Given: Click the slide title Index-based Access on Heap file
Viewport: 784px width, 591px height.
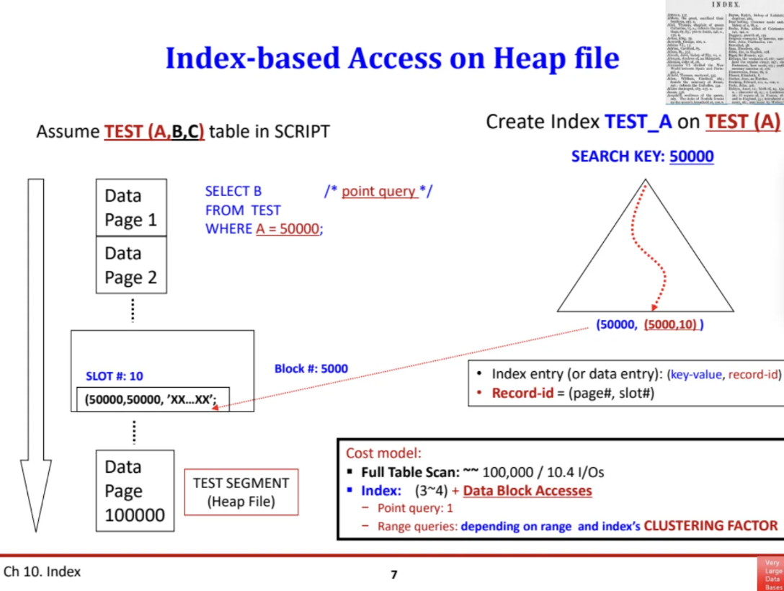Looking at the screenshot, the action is [x=392, y=58].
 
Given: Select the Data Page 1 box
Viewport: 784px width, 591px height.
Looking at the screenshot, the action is [x=130, y=208].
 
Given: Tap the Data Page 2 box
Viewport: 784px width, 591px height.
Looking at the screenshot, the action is [x=130, y=265].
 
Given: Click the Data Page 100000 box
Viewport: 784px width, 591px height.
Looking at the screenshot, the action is [x=135, y=491].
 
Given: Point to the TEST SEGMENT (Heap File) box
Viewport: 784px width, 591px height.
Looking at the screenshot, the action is [x=241, y=492].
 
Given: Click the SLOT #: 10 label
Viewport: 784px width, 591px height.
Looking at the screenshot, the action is [x=115, y=376].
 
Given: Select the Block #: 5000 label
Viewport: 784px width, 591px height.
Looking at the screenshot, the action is [x=311, y=368].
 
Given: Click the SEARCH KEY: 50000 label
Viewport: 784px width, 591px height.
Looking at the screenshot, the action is [x=642, y=156].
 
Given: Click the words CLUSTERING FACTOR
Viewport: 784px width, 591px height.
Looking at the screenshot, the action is [x=710, y=525].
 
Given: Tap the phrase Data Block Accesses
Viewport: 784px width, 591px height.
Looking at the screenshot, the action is [x=527, y=491].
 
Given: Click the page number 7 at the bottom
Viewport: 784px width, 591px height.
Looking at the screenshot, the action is [x=393, y=574].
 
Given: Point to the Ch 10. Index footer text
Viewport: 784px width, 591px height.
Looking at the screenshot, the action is [x=43, y=572].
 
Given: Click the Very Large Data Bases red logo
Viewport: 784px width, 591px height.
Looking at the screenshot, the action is [x=772, y=574].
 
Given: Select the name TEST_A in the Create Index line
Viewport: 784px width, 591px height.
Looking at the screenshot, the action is [x=638, y=122].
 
